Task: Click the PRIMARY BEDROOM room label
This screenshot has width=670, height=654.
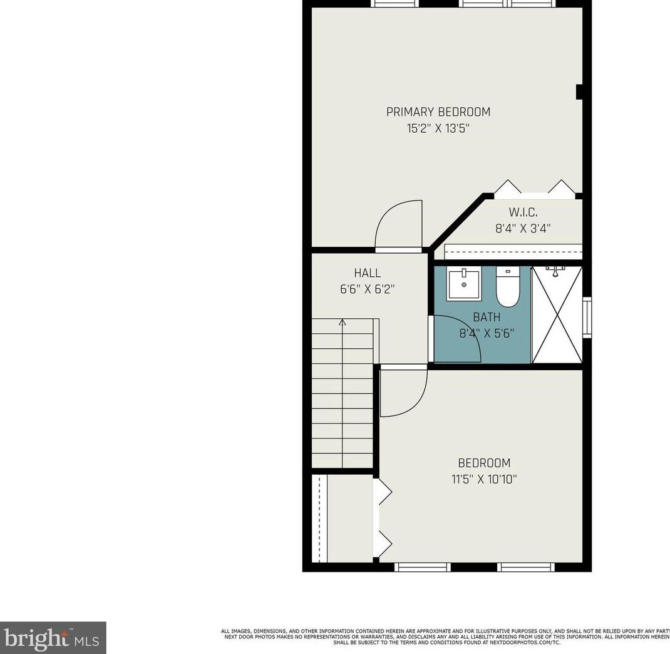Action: (x=438, y=112)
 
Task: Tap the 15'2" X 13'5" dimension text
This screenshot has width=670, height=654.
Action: (x=438, y=129)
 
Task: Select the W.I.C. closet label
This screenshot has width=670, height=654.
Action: (x=523, y=212)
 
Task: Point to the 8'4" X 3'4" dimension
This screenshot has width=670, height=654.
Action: (x=523, y=229)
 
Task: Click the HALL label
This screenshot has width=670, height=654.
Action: (x=367, y=273)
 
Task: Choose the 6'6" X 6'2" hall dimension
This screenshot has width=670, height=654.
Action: (x=367, y=289)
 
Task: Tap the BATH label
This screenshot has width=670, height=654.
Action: (x=487, y=318)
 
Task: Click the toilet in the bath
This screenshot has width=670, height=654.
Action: (x=508, y=288)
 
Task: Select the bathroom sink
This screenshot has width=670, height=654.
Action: (x=464, y=283)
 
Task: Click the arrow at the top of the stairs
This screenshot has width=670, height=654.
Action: (x=343, y=323)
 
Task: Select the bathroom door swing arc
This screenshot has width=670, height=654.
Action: (x=459, y=338)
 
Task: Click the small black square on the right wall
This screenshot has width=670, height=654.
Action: (x=579, y=92)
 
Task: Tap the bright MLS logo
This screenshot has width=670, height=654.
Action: (x=53, y=638)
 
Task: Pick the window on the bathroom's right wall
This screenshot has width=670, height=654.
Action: (x=587, y=318)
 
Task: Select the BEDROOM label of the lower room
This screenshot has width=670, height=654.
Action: (x=484, y=463)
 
